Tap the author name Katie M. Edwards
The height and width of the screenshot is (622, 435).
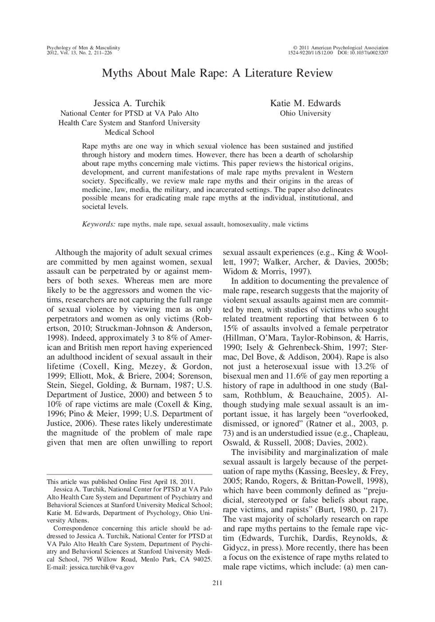point(305,103)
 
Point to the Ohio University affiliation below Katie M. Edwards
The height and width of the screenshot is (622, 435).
point(305,113)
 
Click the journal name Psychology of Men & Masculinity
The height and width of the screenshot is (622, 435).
point(83,48)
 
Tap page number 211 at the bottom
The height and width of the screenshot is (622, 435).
point(217,583)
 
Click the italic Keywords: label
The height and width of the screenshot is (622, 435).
point(99,224)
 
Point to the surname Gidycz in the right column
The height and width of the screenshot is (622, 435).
point(237,548)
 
